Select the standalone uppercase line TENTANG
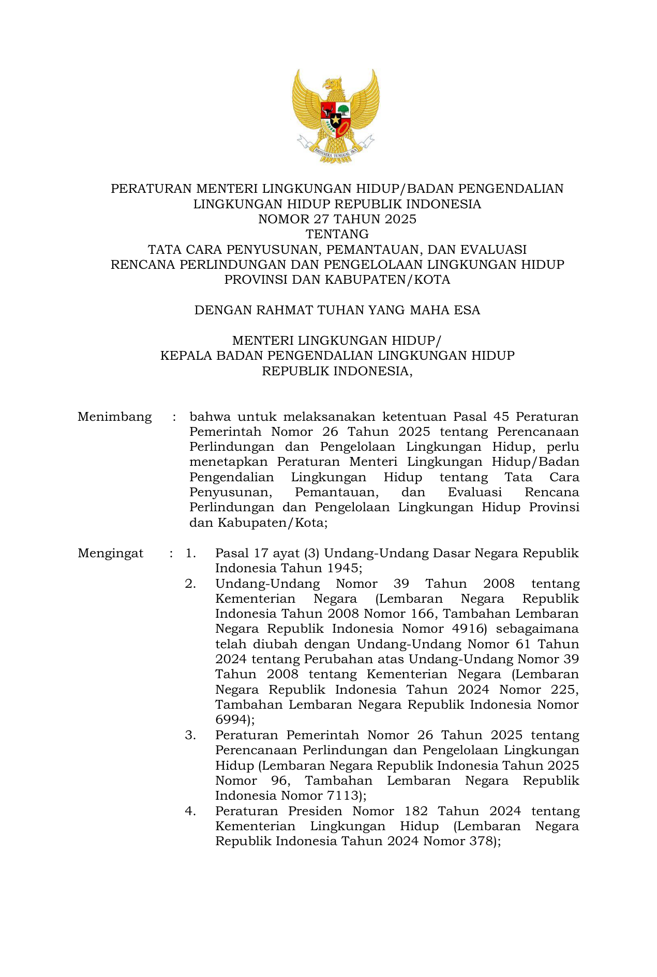[337, 234]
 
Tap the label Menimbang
[114, 417]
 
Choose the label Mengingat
[110, 553]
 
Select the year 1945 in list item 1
[342, 568]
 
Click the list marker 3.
[190, 735]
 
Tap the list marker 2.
[190, 584]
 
